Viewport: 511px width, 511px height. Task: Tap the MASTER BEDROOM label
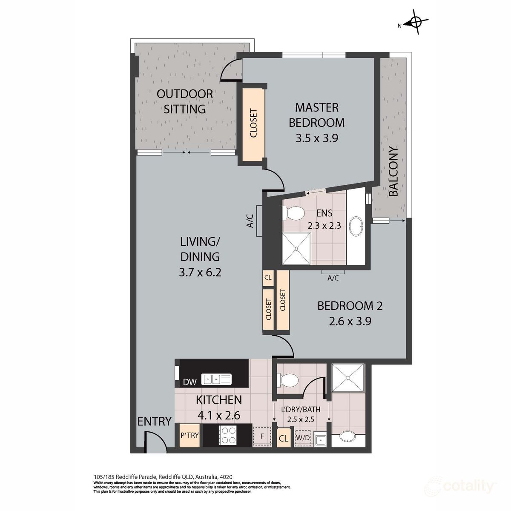click(316, 115)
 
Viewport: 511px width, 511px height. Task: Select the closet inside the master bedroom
click(253, 124)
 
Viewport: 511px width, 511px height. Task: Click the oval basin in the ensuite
click(356, 226)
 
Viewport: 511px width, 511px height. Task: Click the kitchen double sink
click(217, 378)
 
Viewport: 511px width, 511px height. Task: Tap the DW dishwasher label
click(189, 382)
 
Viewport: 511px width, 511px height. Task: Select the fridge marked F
click(262, 437)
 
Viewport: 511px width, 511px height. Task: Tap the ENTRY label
click(154, 422)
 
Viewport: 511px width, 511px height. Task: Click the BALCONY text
click(393, 172)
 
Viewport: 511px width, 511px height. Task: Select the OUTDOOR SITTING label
click(185, 101)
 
